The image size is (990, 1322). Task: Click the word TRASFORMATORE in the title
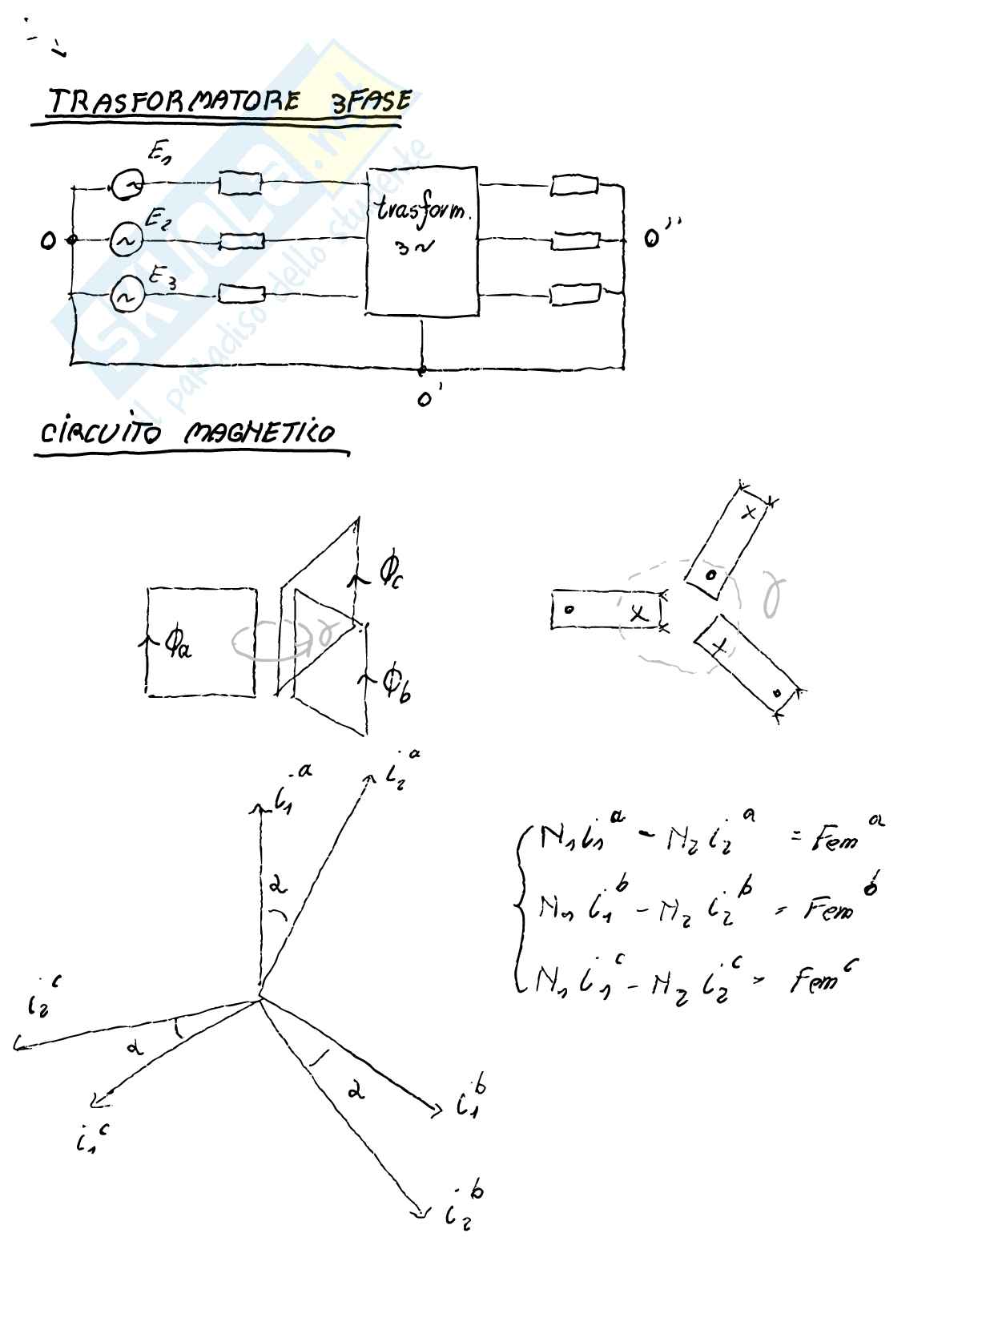[174, 102]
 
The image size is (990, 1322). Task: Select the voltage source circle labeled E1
[127, 185]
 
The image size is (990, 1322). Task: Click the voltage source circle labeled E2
[126, 240]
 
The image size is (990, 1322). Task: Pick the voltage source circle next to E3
[126, 296]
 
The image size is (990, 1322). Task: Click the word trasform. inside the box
[422, 212]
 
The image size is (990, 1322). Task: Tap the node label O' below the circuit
[425, 397]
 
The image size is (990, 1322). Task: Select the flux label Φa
[176, 642]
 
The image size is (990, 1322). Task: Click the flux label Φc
[390, 571]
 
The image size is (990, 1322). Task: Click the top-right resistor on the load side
[573, 187]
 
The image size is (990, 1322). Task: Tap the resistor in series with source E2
[241, 240]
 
